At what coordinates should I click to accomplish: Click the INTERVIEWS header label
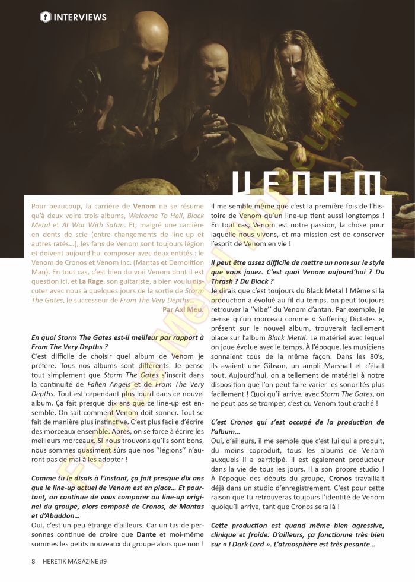click(80, 17)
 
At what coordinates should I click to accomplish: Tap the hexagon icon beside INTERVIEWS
click(45, 17)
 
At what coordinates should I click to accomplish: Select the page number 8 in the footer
click(33, 561)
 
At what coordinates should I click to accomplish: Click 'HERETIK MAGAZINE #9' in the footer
click(74, 561)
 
